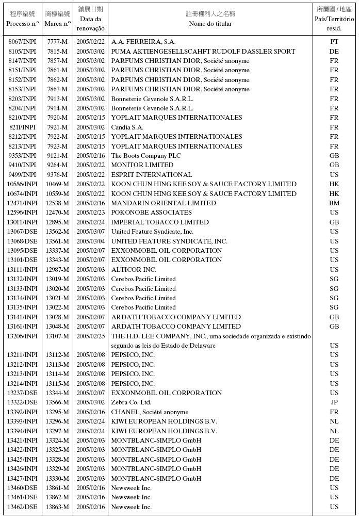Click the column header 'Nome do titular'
(210, 24)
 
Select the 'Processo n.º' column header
(22, 24)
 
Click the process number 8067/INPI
(22, 42)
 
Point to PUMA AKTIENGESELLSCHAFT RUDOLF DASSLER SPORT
(203, 51)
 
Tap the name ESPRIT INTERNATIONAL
(152, 175)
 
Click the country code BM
(334, 203)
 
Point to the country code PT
(334, 42)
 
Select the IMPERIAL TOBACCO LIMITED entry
(160, 222)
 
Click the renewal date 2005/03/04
(91, 241)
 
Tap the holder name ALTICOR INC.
(134, 270)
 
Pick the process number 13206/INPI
(22, 336)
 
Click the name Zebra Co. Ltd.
(131, 402)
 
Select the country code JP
(334, 402)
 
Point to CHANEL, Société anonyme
(150, 412)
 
